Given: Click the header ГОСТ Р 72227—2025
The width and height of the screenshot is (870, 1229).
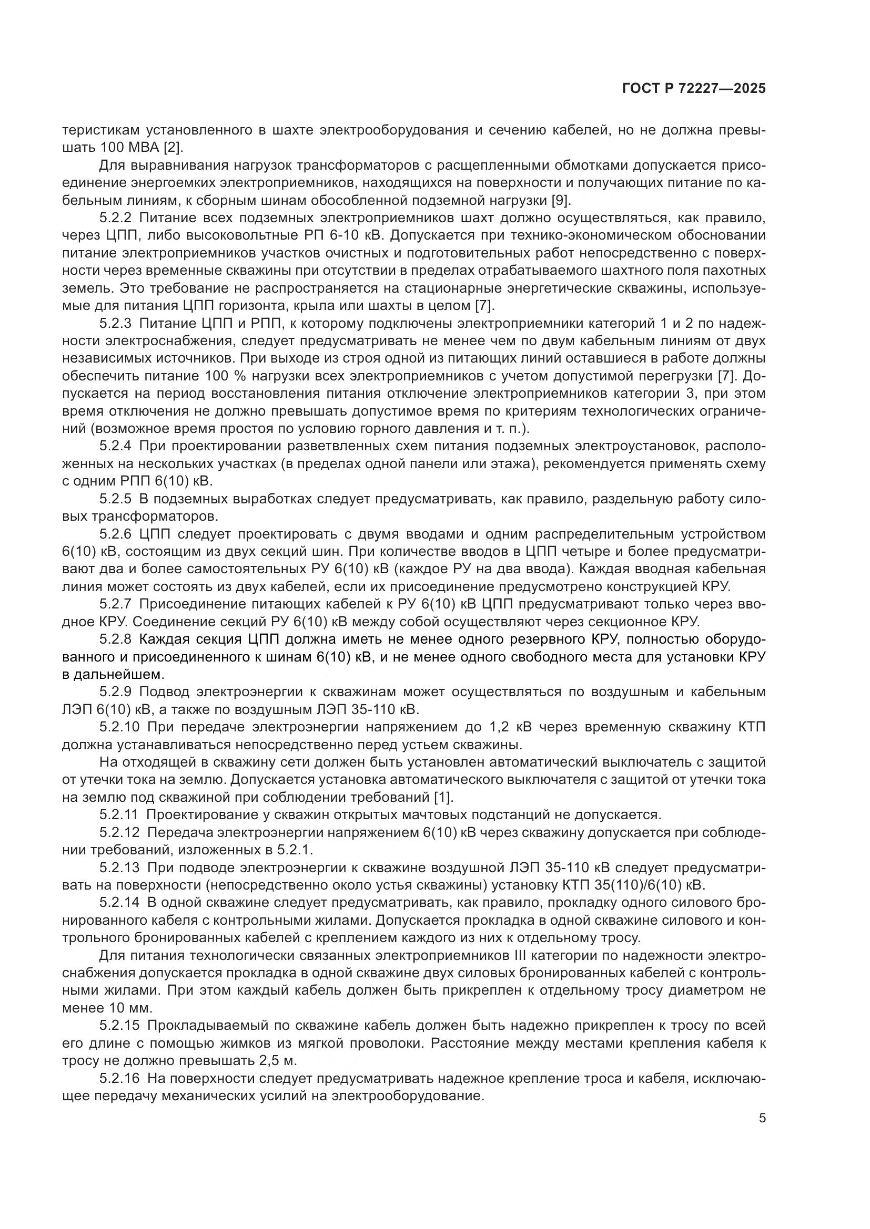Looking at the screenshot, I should tap(694, 89).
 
